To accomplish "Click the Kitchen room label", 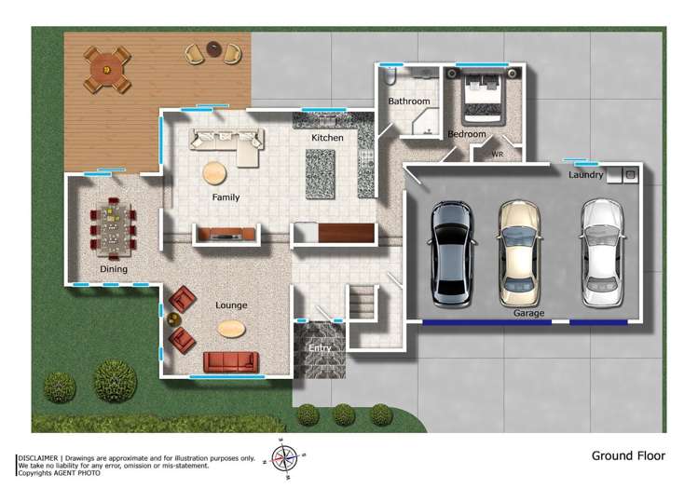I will (327, 138).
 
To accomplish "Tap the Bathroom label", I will (409, 101).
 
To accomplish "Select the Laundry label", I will (585, 175).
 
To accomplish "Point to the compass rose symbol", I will (283, 457).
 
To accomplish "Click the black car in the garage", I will (450, 251).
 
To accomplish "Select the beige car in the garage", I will (518, 251).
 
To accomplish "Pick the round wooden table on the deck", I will (106, 68).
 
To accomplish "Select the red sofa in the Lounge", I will (229, 362).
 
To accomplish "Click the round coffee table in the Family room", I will (215, 172).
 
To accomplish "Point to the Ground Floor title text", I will (628, 456).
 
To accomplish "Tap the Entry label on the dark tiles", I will (320, 348).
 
